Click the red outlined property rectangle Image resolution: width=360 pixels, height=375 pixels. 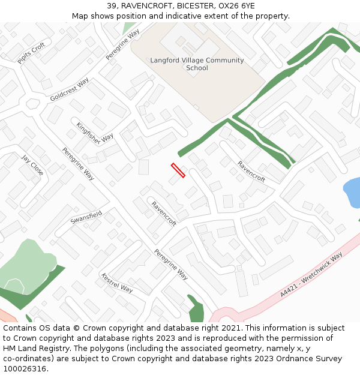178,170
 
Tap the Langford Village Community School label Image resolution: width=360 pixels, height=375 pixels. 197,64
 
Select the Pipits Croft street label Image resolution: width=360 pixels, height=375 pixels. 31,53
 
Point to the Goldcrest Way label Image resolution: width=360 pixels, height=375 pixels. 70,89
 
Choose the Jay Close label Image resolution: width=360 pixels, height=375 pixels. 32,165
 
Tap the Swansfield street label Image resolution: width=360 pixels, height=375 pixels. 86,217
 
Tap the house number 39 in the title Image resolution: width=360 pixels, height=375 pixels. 112,6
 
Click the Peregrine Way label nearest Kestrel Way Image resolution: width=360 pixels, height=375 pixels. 171,264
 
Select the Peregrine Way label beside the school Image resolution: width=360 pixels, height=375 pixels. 122,44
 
